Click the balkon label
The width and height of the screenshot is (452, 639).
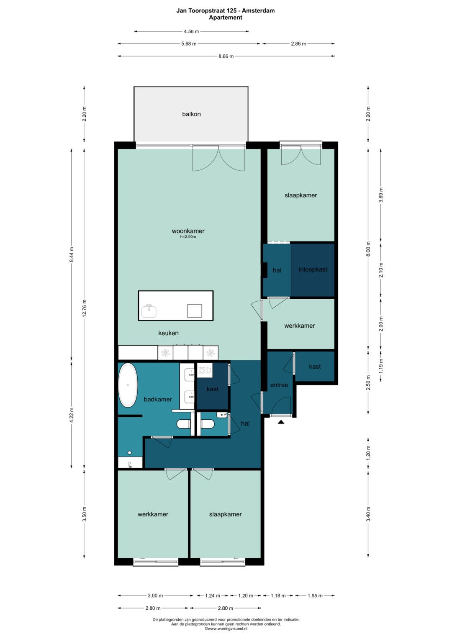click(192, 114)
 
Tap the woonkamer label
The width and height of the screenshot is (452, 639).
click(188, 231)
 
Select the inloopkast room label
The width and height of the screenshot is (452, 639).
click(313, 269)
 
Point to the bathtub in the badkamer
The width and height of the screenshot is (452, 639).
click(128, 385)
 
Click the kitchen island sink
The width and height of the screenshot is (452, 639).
click(149, 311)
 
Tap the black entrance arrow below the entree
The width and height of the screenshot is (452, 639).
click(281, 422)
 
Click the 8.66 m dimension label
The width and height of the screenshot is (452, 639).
click(226, 56)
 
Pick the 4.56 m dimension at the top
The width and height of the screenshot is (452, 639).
click(191, 31)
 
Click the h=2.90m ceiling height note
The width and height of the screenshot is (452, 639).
click(188, 236)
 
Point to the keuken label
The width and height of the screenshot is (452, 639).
click(168, 333)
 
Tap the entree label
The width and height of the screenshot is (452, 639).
click(279, 385)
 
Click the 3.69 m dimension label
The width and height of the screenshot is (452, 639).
click(381, 195)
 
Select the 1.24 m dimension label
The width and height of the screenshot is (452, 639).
click(213, 595)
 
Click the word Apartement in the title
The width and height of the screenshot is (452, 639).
click(226, 18)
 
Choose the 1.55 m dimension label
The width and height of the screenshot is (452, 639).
click(315, 595)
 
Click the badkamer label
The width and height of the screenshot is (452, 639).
click(158, 399)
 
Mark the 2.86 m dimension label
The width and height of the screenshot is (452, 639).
click(298, 44)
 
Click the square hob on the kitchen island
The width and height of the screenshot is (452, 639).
click(195, 311)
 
